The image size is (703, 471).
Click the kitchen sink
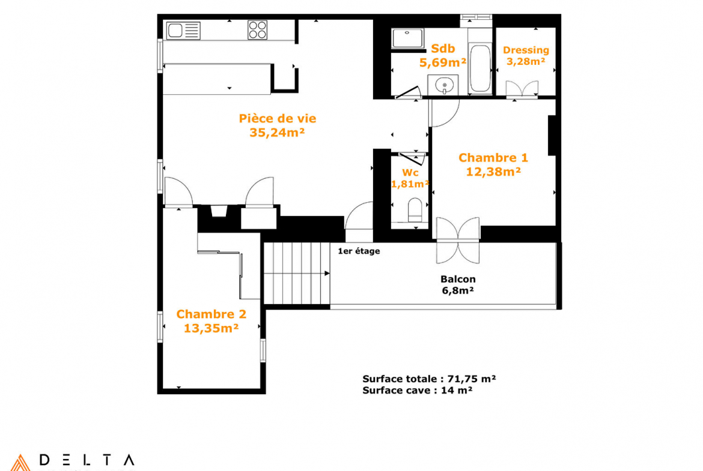[x=183, y=31]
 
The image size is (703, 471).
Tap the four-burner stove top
[x=257, y=31]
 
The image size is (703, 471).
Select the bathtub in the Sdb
[x=479, y=68]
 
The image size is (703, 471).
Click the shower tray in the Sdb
[x=407, y=38]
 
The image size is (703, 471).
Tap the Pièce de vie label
[x=278, y=119]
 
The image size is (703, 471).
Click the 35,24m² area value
[x=277, y=133]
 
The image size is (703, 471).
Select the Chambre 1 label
[x=493, y=158]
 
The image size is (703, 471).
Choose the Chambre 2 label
[x=211, y=314]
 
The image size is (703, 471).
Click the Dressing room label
[x=526, y=50]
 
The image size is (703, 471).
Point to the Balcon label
[x=458, y=279]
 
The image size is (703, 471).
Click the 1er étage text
[x=359, y=251]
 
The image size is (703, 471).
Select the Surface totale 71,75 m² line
[x=429, y=379]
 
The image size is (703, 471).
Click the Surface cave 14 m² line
[x=417, y=391]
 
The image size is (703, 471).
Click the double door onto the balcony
[x=458, y=241]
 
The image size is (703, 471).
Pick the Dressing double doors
[x=522, y=89]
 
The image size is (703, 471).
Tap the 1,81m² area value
[x=410, y=184]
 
